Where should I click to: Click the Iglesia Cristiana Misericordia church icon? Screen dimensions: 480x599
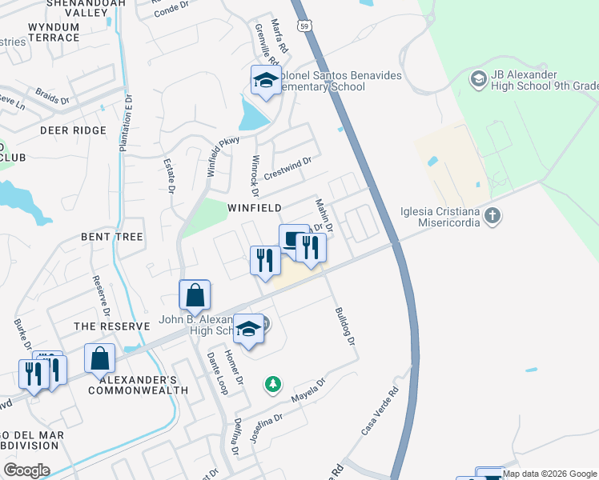click(x=492, y=214)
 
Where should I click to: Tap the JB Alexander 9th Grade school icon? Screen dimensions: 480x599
click(x=479, y=78)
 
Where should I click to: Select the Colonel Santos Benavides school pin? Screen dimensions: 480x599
click(x=266, y=81)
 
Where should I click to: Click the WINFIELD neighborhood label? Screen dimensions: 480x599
click(x=255, y=208)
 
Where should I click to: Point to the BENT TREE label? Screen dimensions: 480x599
click(x=111, y=237)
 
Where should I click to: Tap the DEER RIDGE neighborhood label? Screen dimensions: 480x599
click(x=73, y=130)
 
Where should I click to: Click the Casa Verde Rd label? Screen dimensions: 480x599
click(x=380, y=412)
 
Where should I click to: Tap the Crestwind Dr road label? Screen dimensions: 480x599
click(x=287, y=166)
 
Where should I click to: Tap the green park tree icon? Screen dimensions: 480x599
click(x=273, y=385)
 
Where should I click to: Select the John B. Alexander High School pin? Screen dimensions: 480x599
click(x=249, y=329)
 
